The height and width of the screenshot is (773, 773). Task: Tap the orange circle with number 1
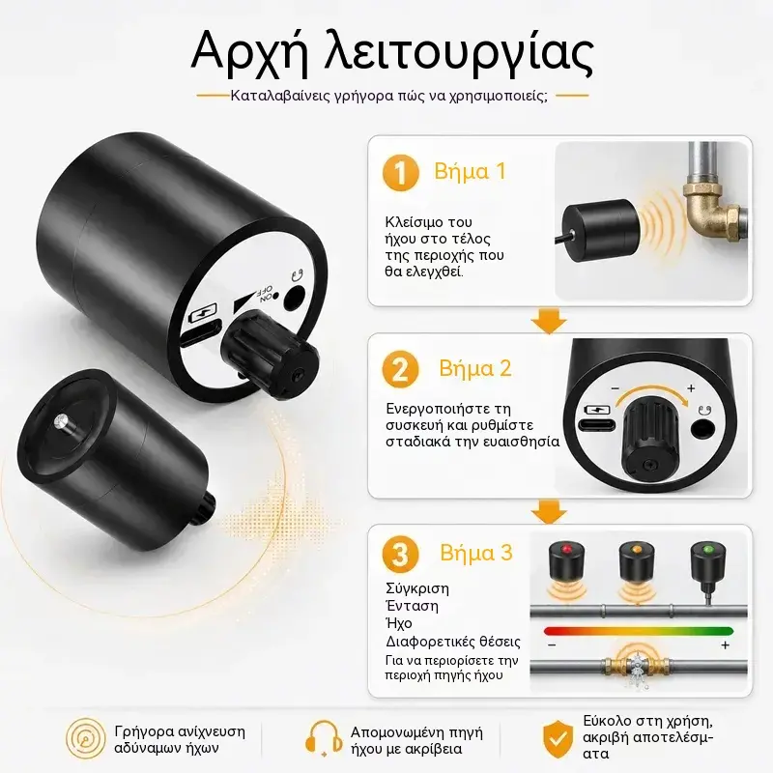click(x=401, y=173)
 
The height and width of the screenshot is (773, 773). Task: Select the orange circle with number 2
click(x=400, y=369)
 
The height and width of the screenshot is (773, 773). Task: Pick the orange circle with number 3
click(x=400, y=554)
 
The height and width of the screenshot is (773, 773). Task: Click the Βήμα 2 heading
click(x=474, y=369)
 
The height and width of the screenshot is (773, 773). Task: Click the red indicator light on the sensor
click(x=566, y=548)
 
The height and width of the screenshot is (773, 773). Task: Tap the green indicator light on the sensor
click(x=708, y=548)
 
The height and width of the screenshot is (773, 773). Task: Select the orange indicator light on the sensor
click(x=637, y=548)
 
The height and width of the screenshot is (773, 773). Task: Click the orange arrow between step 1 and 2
click(x=548, y=322)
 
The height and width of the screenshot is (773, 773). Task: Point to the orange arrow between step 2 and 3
click(x=548, y=512)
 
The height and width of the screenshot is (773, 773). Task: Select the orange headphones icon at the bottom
click(x=323, y=739)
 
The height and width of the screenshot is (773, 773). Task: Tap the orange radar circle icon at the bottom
click(x=86, y=738)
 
